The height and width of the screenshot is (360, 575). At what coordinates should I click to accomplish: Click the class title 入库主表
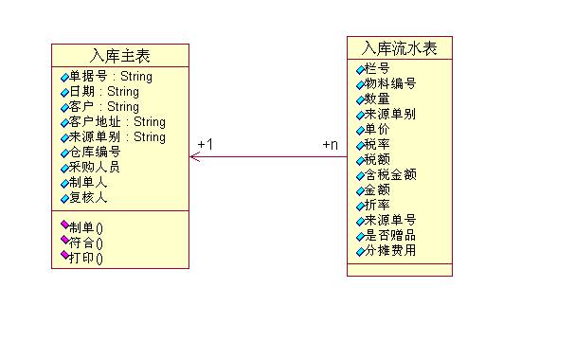click(120, 56)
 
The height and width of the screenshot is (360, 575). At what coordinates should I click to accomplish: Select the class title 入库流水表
click(399, 48)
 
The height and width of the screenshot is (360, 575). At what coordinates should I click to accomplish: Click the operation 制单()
click(86, 227)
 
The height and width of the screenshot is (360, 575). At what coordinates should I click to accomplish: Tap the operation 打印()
click(86, 258)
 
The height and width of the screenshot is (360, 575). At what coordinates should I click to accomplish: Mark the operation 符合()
click(86, 243)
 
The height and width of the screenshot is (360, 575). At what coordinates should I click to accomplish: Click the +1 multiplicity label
click(205, 144)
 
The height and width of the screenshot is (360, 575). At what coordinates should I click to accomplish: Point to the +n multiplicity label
click(330, 145)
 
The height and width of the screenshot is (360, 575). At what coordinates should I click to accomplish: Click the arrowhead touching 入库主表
click(193, 156)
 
